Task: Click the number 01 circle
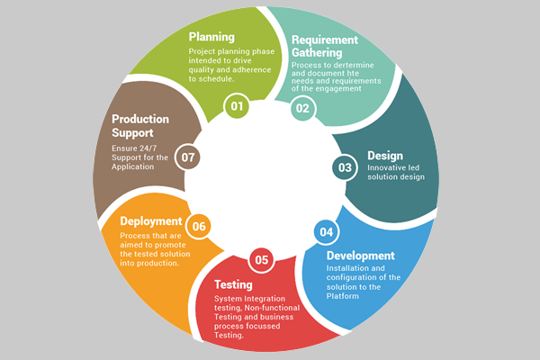point(238,107)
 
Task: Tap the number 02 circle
point(302,108)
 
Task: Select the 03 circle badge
point(345,166)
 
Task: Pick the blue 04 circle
point(326,232)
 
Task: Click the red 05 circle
point(262,261)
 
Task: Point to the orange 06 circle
point(200,226)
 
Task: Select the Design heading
point(385,156)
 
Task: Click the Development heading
point(360,256)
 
